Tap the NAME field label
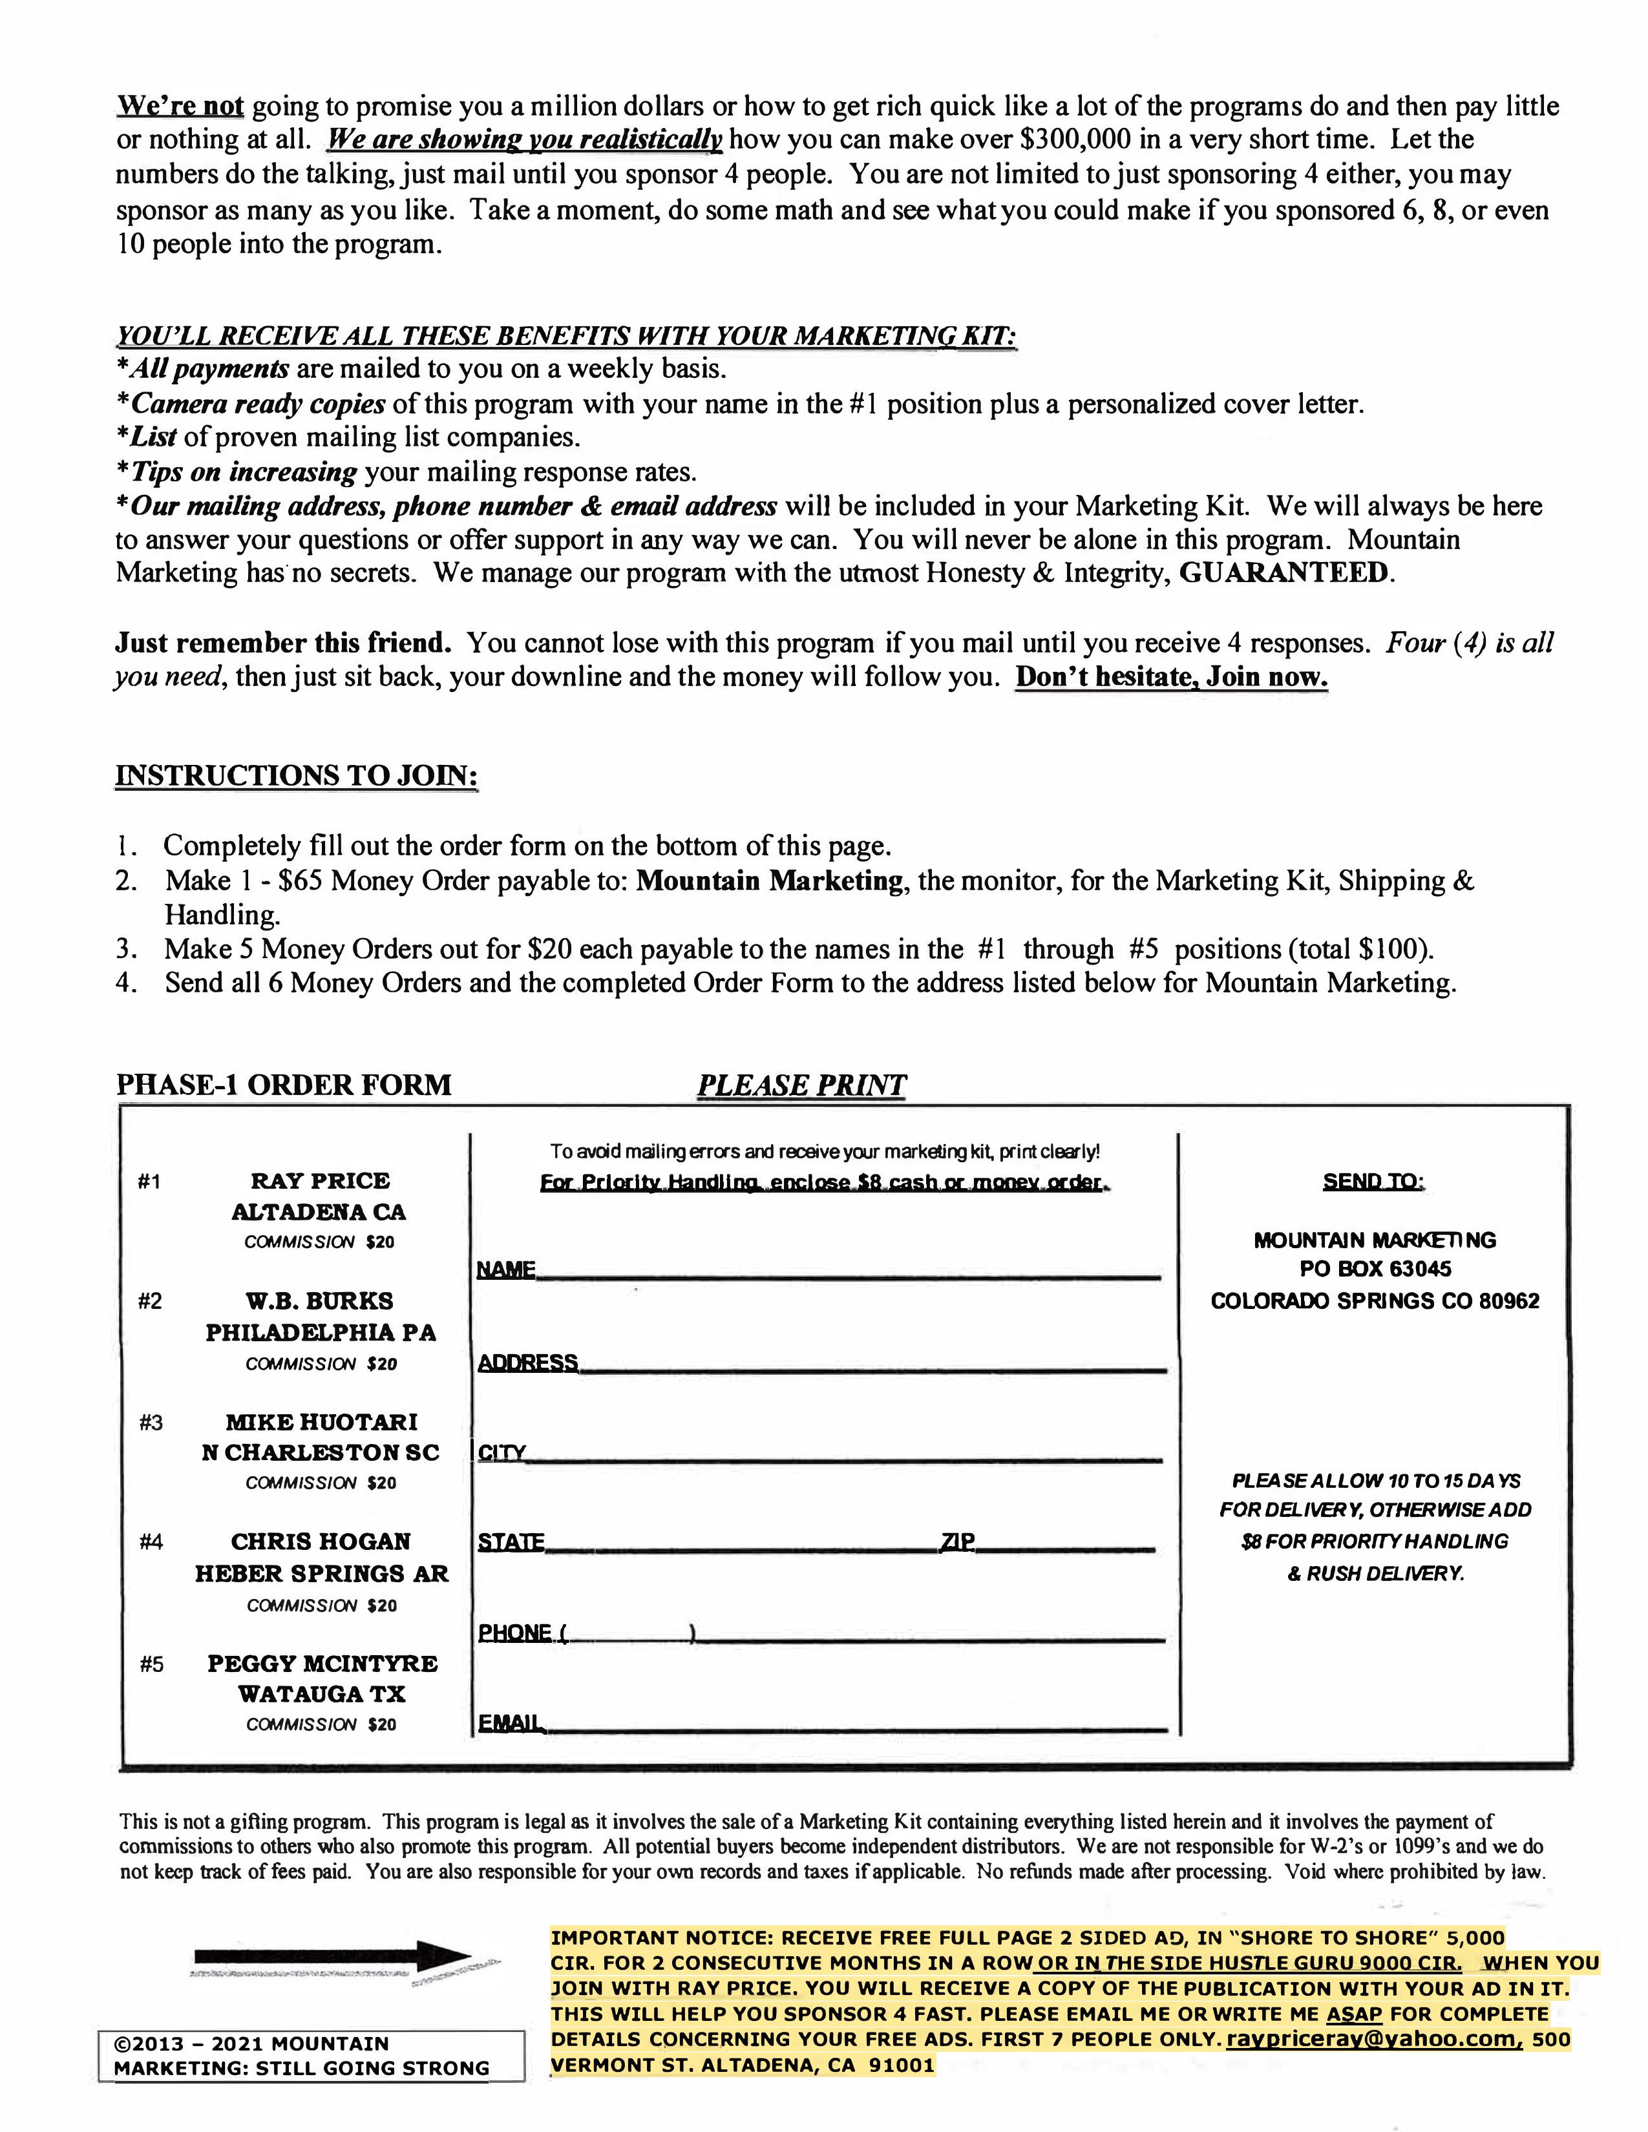point(506,1270)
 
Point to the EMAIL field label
point(510,1724)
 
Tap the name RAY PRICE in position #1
point(320,1181)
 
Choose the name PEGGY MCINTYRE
point(322,1664)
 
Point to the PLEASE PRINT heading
point(801,1085)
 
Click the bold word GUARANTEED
point(1283,573)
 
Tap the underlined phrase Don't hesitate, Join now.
point(1172,678)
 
